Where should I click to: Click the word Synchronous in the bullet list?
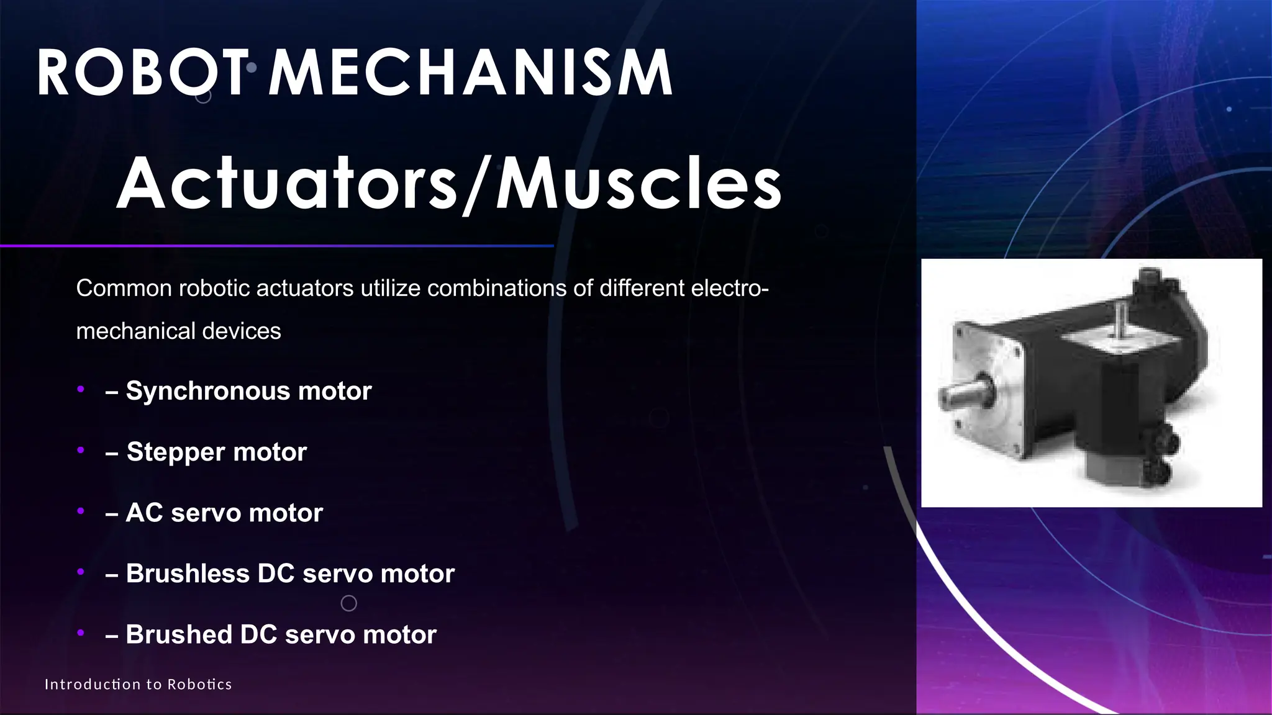pyautogui.click(x=208, y=391)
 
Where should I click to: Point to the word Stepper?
pyautogui.click(x=176, y=452)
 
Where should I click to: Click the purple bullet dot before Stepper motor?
pyautogui.click(x=80, y=451)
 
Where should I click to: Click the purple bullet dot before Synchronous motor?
pyautogui.click(x=80, y=390)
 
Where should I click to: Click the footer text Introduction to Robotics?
pyautogui.click(x=138, y=685)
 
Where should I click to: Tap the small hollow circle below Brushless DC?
pyautogui.click(x=349, y=603)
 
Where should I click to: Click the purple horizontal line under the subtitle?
pyautogui.click(x=276, y=246)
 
